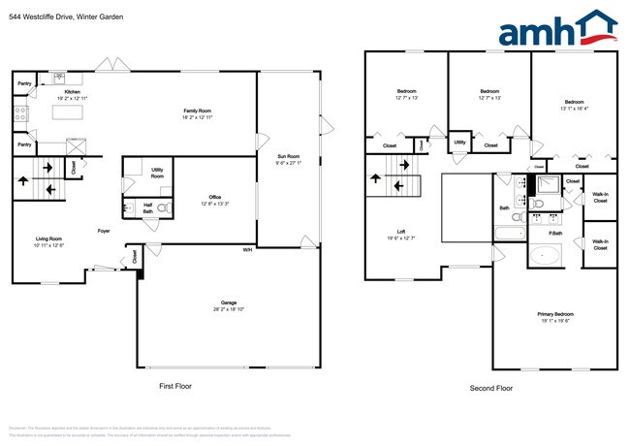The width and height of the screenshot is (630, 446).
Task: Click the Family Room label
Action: (198, 111)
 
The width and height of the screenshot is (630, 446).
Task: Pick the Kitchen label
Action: (73, 92)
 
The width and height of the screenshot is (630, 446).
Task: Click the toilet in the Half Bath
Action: (163, 207)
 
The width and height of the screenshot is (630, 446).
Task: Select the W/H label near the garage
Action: (248, 249)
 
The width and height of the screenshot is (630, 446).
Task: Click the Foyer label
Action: (104, 231)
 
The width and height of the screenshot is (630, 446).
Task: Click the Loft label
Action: (400, 232)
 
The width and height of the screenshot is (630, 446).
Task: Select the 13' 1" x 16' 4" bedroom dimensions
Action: (574, 109)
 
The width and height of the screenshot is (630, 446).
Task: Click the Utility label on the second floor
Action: (459, 143)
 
